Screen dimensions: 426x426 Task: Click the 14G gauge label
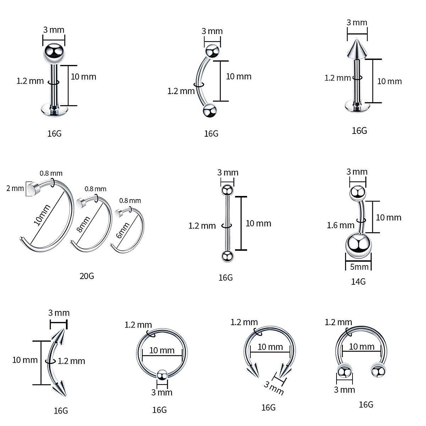[358, 282]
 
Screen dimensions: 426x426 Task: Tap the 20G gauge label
[87, 276]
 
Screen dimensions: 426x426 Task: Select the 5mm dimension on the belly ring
[359, 267]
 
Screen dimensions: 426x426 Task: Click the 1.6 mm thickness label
[340, 225]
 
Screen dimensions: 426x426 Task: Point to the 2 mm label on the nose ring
[15, 188]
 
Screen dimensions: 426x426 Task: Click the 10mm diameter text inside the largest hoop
[42, 215]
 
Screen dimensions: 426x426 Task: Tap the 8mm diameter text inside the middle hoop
[83, 225]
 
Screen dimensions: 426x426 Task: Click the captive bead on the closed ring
[162, 375]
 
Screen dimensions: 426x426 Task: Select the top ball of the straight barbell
[227, 190]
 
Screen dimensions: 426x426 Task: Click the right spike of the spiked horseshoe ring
[285, 371]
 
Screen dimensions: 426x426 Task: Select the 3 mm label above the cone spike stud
[357, 22]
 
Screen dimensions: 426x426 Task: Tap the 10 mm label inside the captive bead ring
[162, 350]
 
